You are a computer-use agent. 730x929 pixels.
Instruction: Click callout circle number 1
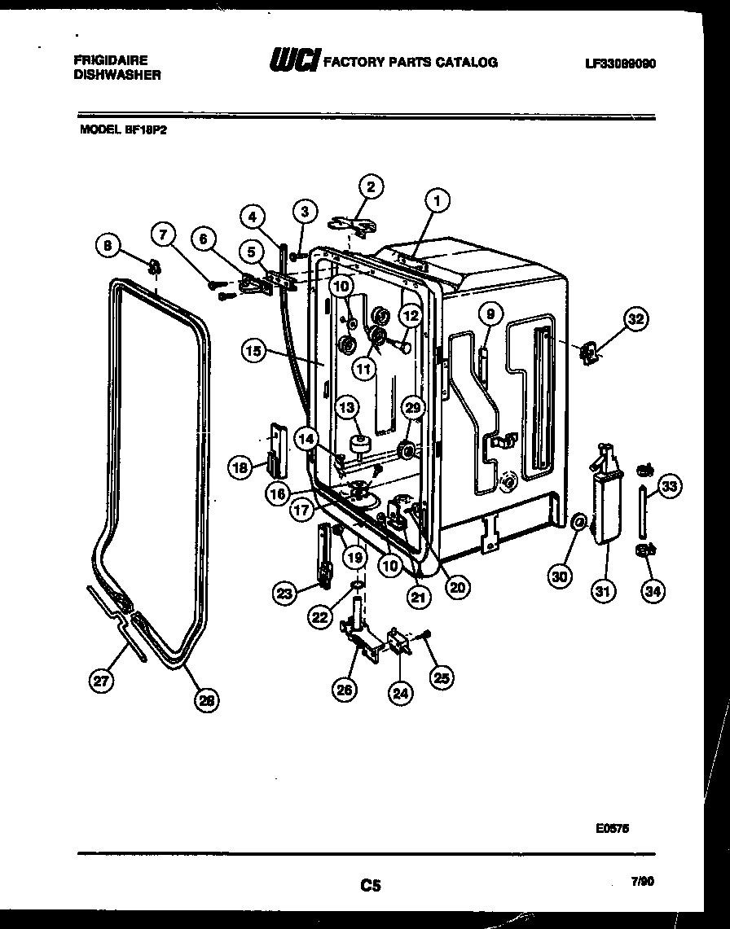438,199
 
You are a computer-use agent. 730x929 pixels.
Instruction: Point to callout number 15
254,351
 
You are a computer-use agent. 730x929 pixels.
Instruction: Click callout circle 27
102,681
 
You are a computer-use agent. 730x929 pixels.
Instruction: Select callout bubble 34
652,592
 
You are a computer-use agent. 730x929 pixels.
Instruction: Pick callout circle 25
442,677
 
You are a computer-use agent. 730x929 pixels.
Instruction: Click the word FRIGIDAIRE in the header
110,60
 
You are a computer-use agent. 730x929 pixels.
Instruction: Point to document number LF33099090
621,63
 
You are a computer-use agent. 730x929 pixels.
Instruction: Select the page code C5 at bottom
371,884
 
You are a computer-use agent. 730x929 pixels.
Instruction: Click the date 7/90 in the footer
642,879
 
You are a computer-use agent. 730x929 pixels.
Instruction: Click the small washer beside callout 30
578,521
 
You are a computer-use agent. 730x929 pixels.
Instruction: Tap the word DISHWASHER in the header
117,74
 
